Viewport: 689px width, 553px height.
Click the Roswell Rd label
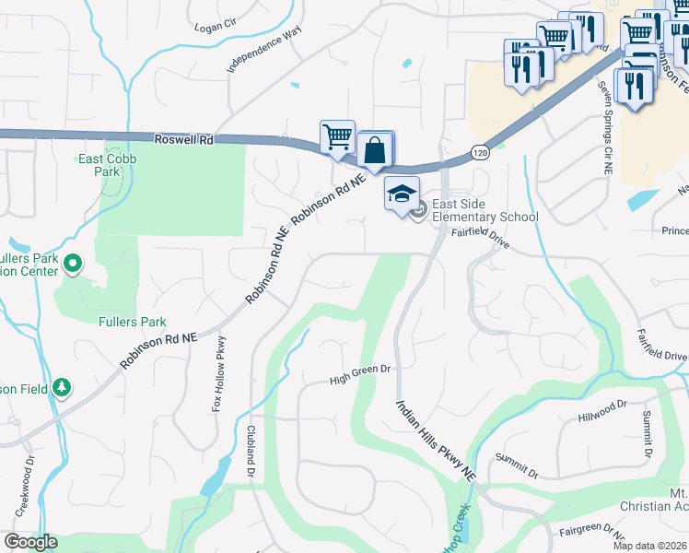click(185, 140)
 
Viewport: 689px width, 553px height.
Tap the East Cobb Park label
click(100, 165)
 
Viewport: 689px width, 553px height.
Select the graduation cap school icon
click(401, 194)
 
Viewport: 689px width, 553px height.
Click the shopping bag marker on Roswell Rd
click(376, 148)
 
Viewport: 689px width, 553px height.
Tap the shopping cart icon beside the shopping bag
click(337, 136)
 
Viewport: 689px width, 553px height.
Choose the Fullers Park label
click(133, 322)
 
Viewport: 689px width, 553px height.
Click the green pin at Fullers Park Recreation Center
click(71, 265)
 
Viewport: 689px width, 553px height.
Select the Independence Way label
click(264, 50)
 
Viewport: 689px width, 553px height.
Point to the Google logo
click(30, 542)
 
